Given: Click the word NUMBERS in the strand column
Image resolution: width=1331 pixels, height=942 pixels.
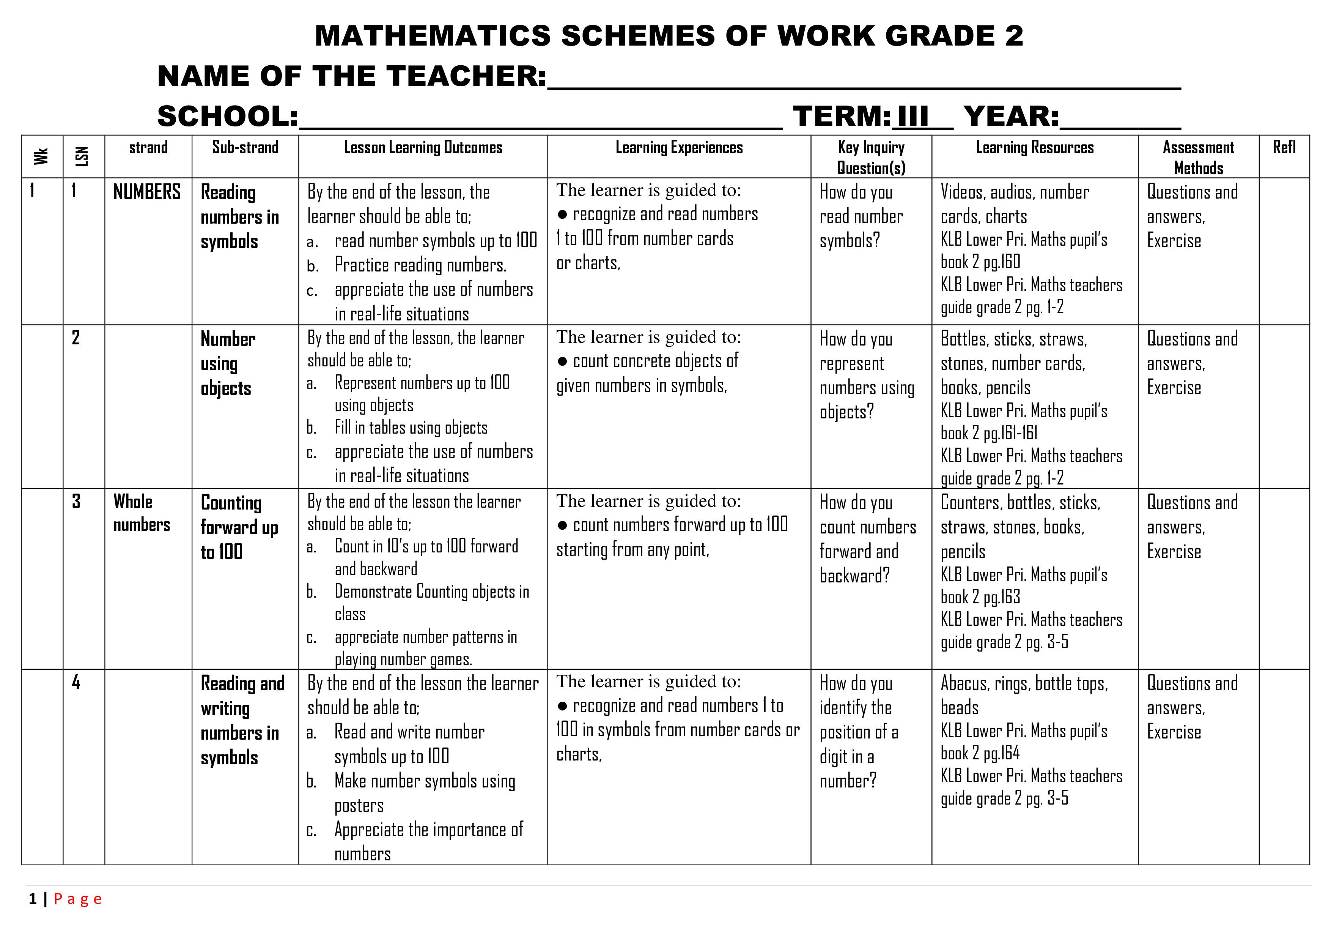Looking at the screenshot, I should pyautogui.click(x=147, y=192).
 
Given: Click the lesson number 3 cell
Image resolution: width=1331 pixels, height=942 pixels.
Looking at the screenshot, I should pyautogui.click(x=76, y=502).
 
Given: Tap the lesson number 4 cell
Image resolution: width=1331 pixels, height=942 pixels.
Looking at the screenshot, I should pyautogui.click(x=76, y=683).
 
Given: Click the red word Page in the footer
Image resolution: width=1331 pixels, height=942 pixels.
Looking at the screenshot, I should pyautogui.click(x=78, y=899).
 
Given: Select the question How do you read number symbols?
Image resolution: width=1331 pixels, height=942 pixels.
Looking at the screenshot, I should pyautogui.click(x=861, y=216).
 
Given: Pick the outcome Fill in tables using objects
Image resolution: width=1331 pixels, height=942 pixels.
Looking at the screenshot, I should pyautogui.click(x=411, y=428).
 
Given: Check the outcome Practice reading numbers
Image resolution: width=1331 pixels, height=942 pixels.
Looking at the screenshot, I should pyautogui.click(x=420, y=265).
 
